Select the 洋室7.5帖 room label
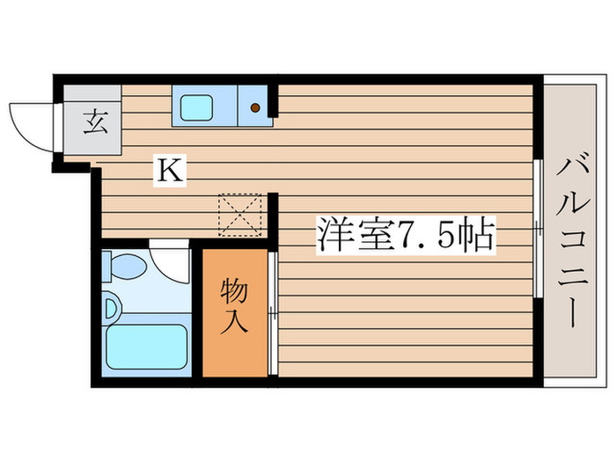tap(406, 236)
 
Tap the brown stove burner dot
tap(255, 108)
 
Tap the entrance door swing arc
tap(31, 123)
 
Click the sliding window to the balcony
tap(537, 229)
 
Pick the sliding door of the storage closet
tap(274, 313)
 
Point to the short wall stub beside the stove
tap(274, 101)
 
